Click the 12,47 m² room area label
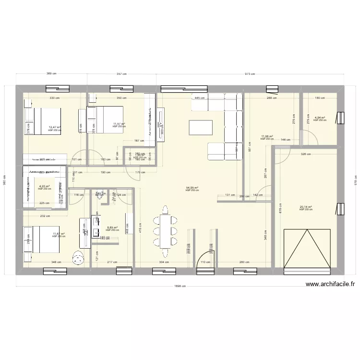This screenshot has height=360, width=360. pos(54,128)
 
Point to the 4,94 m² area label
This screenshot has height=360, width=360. pos(320,118)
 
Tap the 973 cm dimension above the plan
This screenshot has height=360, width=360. pos(250,74)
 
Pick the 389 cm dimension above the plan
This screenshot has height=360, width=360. pos(51,74)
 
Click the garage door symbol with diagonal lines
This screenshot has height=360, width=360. pos(307,249)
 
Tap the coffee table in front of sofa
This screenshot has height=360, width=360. pos(199,127)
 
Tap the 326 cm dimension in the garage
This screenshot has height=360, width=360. pos(306,154)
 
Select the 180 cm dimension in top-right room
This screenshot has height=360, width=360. pos(320,97)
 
